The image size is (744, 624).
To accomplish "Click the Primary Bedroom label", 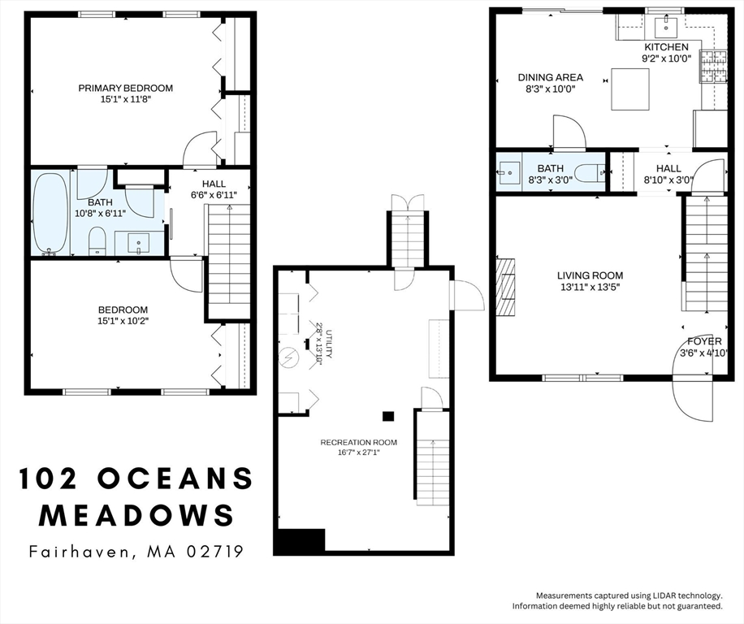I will [125, 88].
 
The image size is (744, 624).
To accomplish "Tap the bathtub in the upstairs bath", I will [50, 213].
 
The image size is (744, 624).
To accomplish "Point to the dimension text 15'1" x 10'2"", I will [123, 321].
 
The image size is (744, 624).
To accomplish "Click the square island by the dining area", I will [629, 89].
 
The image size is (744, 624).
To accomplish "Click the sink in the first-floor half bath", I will [510, 171].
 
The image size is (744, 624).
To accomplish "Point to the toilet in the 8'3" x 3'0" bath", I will [599, 171].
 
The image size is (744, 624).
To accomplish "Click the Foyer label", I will [703, 341].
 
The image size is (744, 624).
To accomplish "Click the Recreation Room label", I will [358, 442].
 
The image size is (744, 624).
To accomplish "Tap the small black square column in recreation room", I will [388, 416].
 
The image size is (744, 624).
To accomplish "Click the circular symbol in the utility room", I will [288, 356].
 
